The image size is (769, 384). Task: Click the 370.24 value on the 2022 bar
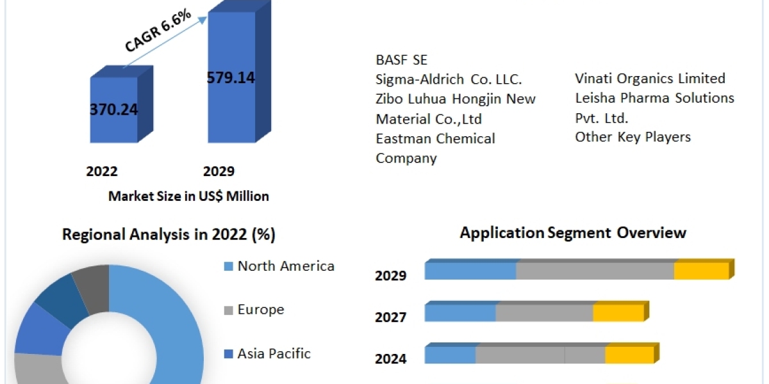(x=113, y=109)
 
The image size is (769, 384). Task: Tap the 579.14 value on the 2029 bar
(x=231, y=77)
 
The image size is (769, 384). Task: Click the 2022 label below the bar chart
(x=101, y=172)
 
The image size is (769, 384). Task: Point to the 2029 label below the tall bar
(x=219, y=172)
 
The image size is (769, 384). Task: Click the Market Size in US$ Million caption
(x=188, y=196)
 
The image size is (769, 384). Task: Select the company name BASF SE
(x=401, y=60)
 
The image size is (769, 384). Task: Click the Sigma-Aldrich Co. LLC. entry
(x=449, y=79)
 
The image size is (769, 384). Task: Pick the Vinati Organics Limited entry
(x=650, y=79)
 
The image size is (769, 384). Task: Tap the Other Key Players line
(x=633, y=137)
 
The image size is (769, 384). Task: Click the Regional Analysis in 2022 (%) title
(x=169, y=235)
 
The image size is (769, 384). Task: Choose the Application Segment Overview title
(x=573, y=232)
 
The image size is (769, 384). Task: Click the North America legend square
(x=228, y=266)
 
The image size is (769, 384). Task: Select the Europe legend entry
(x=260, y=310)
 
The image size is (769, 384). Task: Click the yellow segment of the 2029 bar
(x=701, y=271)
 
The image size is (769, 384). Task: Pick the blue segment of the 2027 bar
(x=460, y=313)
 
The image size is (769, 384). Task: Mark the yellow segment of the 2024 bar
(x=629, y=355)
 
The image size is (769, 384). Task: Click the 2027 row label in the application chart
(x=390, y=317)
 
